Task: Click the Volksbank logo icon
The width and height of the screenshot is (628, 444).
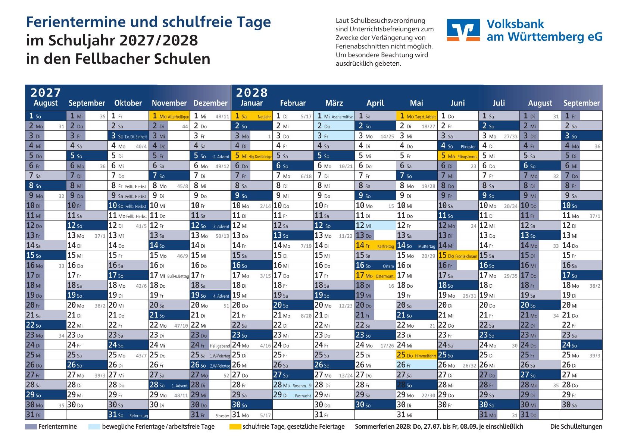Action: point(463,30)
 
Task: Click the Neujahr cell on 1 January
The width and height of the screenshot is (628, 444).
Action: point(251,116)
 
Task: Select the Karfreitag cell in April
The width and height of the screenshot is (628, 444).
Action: point(375,246)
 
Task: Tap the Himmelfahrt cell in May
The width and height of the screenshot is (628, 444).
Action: point(416,355)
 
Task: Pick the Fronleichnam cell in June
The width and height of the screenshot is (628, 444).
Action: point(457,256)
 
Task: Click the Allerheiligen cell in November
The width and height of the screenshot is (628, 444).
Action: point(169,116)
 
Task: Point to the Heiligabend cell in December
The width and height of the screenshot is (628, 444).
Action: point(210,345)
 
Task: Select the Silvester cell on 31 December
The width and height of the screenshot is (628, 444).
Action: point(210,415)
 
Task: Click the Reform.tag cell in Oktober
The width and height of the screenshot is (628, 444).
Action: point(128,415)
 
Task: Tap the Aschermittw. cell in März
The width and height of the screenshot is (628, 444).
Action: point(334,116)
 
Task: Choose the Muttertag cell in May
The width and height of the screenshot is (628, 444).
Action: point(416,246)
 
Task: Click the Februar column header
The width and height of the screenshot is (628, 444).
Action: point(293,103)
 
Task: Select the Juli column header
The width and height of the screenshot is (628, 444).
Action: point(499,103)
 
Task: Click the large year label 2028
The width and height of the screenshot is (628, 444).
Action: point(252,93)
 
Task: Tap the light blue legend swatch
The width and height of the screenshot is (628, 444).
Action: point(94,426)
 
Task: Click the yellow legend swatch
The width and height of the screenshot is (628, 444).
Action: point(235,426)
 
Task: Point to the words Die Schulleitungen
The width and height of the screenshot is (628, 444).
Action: point(576,426)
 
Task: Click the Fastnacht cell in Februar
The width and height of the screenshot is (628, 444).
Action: point(293,395)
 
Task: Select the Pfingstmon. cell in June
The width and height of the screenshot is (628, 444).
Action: point(457,156)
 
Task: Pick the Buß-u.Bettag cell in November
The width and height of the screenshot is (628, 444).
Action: point(169,275)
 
